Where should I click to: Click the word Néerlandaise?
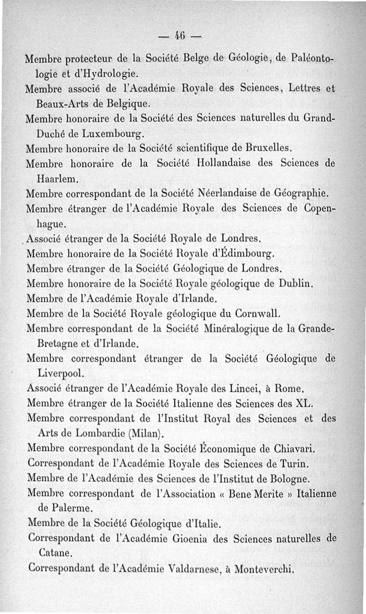click(x=224, y=194)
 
